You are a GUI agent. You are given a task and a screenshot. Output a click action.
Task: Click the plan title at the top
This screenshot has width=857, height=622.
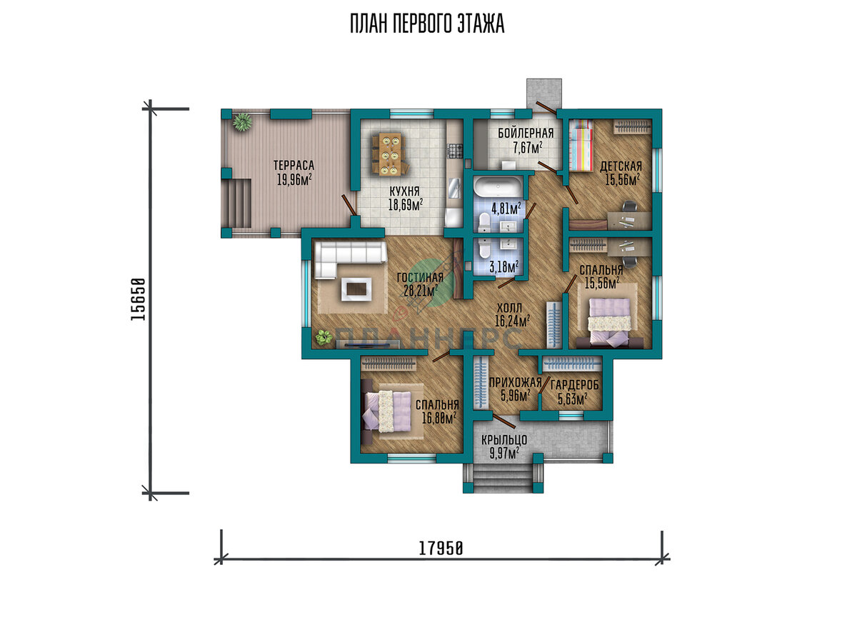[x=427, y=24]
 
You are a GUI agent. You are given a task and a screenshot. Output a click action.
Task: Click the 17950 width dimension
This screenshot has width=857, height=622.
[x=441, y=549]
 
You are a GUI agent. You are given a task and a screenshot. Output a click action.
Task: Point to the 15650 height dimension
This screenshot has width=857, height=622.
[x=138, y=299]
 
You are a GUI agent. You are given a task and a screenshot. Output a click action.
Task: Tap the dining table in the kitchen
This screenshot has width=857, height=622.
[x=390, y=154]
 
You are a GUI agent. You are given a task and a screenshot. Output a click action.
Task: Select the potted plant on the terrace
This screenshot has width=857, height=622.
[x=242, y=121]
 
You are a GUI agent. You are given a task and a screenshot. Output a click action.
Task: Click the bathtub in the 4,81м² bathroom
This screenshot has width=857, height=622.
[x=497, y=187]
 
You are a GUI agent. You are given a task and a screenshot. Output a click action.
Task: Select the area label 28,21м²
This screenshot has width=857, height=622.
[x=421, y=291]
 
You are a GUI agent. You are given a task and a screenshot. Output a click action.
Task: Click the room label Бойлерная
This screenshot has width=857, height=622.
[x=526, y=133]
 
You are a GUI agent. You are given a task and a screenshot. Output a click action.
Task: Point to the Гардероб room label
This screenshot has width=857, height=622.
[x=574, y=385]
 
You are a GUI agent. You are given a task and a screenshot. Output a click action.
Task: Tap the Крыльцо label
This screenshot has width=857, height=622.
[x=504, y=441]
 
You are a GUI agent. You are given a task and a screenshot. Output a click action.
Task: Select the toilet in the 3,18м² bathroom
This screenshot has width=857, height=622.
[x=484, y=248]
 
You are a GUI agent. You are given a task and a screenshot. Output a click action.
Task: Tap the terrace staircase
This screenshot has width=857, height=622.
[x=238, y=203]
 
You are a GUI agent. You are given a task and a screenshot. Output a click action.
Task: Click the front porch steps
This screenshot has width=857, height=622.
[x=503, y=478]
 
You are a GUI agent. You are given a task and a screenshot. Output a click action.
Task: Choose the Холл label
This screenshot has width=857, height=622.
[x=509, y=308]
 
